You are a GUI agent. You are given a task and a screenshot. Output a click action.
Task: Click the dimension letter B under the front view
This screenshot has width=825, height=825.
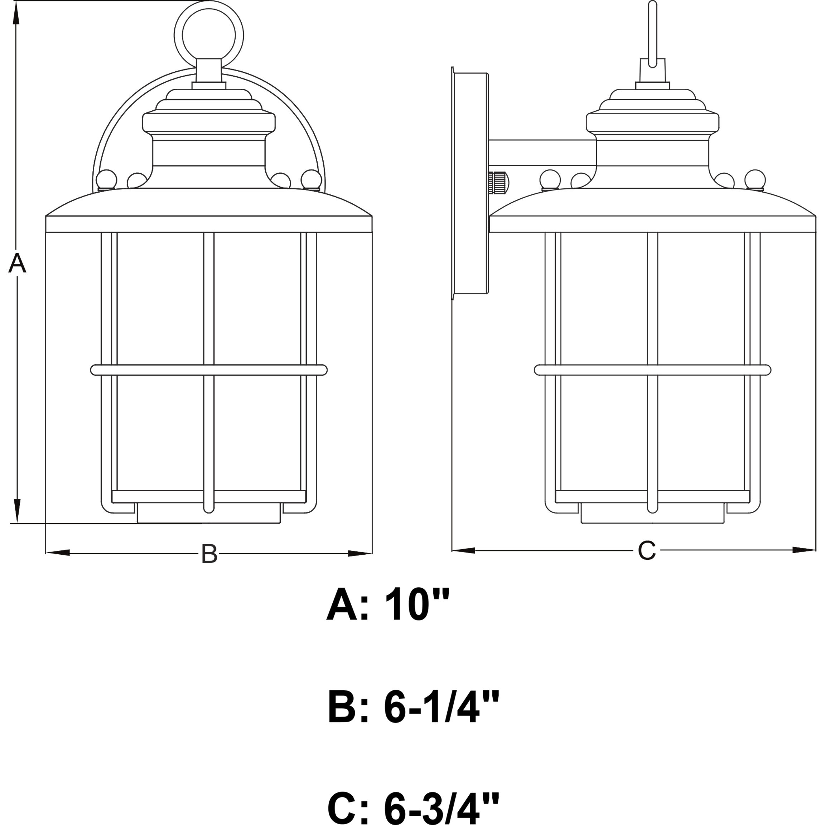pyautogui.click(x=209, y=554)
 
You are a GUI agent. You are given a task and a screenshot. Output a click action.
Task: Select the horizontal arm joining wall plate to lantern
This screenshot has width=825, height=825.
pyautogui.click(x=542, y=153)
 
